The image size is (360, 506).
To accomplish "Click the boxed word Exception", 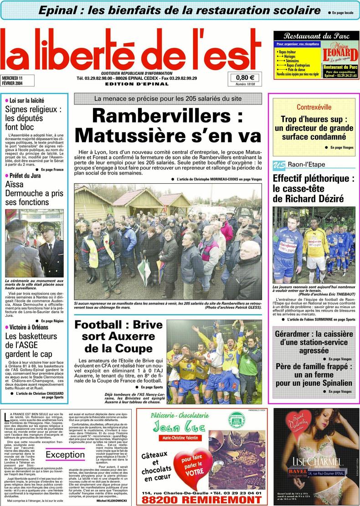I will (65, 454).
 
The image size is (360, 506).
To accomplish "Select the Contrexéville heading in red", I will (314, 108).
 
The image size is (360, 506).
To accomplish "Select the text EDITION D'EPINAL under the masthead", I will (130, 84).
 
